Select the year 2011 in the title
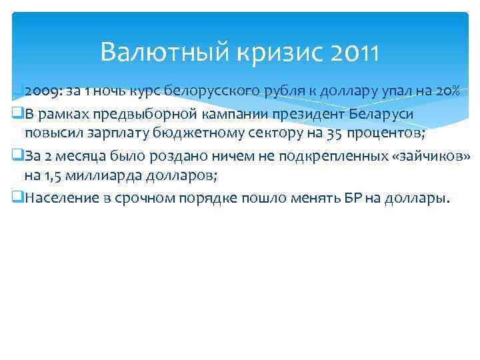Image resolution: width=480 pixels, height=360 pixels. tap(355, 51)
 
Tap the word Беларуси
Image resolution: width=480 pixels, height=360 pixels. tap(381, 113)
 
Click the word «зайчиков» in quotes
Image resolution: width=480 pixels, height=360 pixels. tap(433, 155)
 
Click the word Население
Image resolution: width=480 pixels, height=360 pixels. tap(58, 198)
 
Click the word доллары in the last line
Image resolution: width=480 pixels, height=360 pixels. tap(417, 198)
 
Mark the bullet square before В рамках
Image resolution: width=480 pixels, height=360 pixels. tap(18, 113)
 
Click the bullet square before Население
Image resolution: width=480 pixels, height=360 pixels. tap(18, 198)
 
